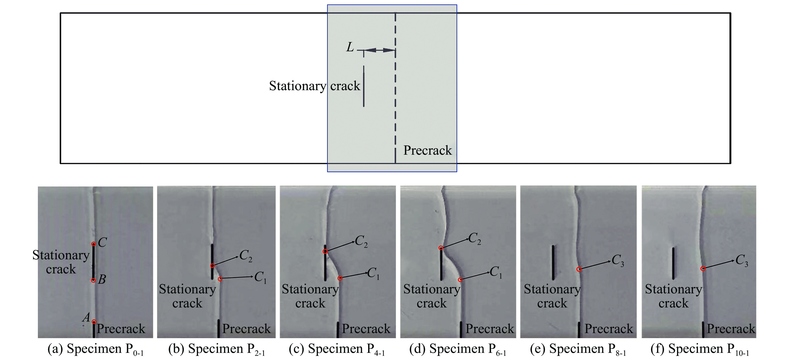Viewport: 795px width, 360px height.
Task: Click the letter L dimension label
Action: [x=350, y=47]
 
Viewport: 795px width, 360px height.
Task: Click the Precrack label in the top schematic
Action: [x=427, y=150]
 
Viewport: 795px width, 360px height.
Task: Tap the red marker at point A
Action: [x=94, y=322]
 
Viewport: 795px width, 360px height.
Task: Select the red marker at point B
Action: [x=93, y=280]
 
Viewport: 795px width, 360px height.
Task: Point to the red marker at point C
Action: [x=94, y=244]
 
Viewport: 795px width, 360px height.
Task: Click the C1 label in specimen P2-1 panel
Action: [x=260, y=277]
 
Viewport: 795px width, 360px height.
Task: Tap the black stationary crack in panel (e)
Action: [x=553, y=262]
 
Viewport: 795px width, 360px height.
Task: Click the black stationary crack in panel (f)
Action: [x=673, y=263]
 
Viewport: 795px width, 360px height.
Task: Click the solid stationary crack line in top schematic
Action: [x=364, y=86]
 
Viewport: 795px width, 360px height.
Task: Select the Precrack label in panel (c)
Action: [x=366, y=329]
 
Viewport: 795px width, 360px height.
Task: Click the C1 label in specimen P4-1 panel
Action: [x=373, y=273]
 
